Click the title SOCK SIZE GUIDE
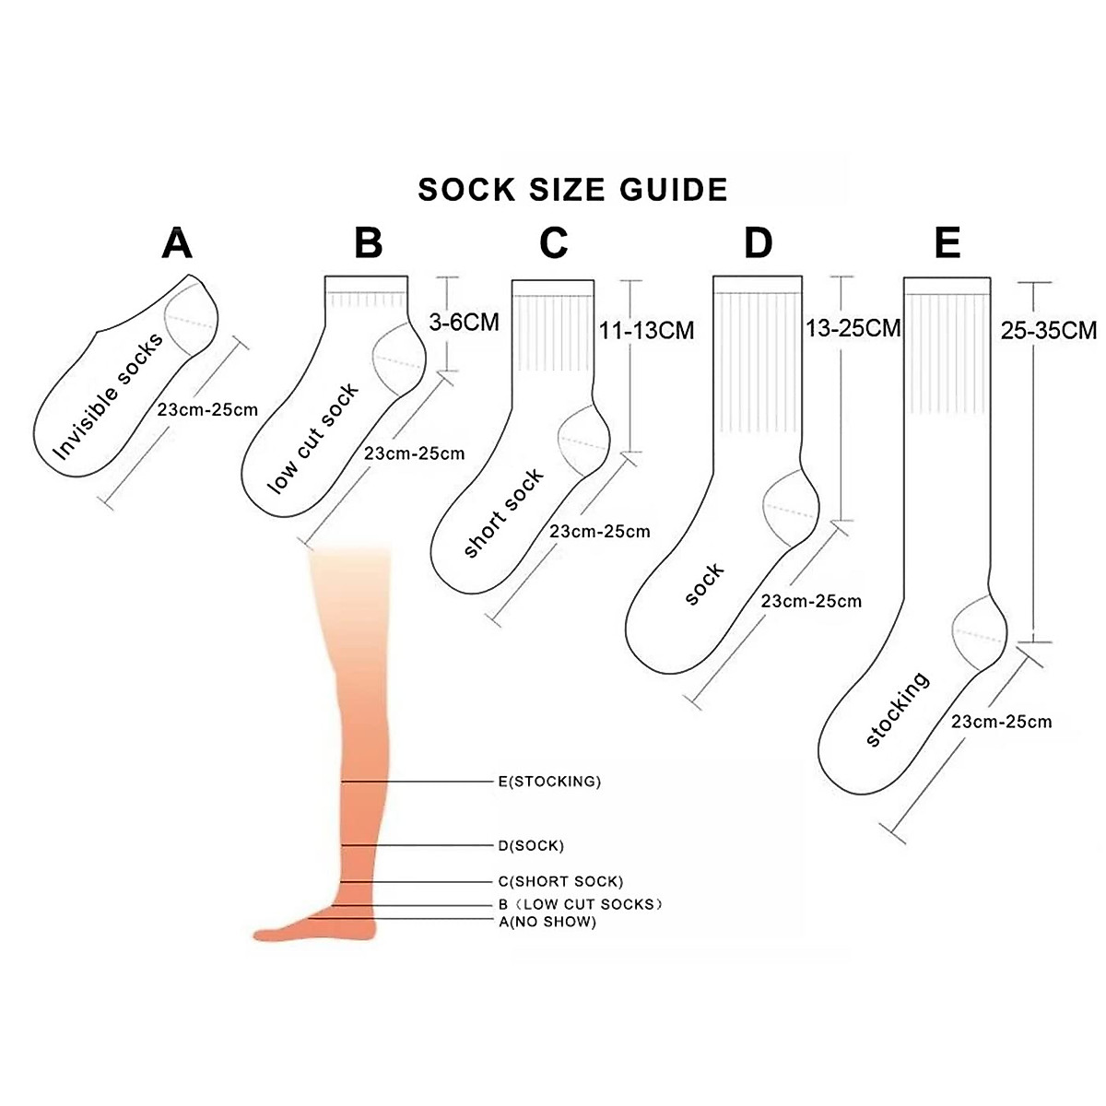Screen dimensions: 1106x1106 pyautogui.click(x=572, y=190)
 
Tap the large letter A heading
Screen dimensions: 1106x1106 pyautogui.click(x=177, y=243)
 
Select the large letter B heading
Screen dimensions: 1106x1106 pyautogui.click(x=368, y=243)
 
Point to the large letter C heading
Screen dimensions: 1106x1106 pyautogui.click(x=553, y=243)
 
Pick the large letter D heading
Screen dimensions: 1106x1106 pyautogui.click(x=758, y=243)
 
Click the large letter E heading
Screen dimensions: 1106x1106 pyautogui.click(x=947, y=243)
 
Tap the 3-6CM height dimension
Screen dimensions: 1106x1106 pyautogui.click(x=464, y=322)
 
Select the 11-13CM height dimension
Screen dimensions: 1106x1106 pyautogui.click(x=646, y=330)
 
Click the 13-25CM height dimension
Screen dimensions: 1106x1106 pyautogui.click(x=853, y=327)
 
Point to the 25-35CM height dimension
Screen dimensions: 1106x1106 pyautogui.click(x=1049, y=330)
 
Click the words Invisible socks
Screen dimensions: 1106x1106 pyautogui.click(x=108, y=396)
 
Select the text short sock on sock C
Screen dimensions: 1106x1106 pyautogui.click(x=503, y=513)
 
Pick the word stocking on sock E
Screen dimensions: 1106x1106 pyautogui.click(x=898, y=708)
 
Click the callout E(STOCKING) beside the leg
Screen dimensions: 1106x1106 pyautogui.click(x=549, y=782)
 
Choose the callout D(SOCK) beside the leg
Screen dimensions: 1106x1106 pyautogui.click(x=531, y=845)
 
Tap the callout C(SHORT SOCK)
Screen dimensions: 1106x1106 pyautogui.click(x=560, y=881)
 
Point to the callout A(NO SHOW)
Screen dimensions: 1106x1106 pyautogui.click(x=547, y=921)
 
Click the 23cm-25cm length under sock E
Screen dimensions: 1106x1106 pyautogui.click(x=1001, y=722)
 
